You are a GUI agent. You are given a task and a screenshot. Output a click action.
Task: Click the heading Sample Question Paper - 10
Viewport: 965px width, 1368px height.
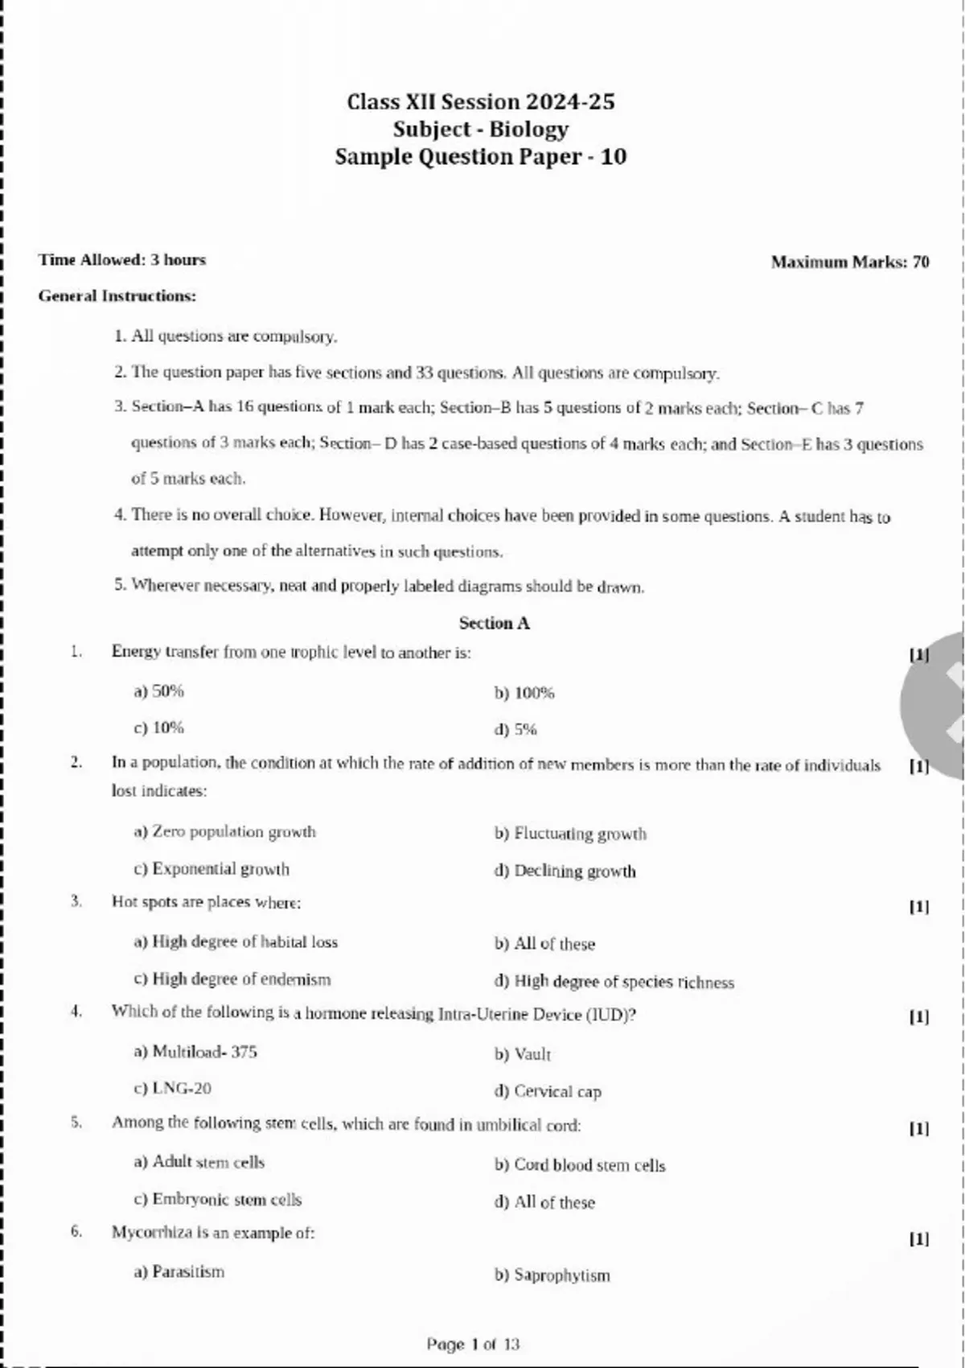480,156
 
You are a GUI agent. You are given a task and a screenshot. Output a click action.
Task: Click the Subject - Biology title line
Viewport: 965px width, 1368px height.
480,129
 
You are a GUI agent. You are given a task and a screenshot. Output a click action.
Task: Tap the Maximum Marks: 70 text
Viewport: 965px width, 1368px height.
849,262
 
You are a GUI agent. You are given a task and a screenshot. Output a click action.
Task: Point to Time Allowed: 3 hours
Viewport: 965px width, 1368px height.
122,260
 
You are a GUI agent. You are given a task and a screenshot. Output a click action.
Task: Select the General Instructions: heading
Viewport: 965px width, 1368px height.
117,296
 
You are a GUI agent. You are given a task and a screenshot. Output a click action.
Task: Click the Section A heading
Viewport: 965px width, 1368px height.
494,623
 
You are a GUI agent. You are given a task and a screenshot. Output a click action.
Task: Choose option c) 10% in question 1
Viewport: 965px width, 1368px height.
158,727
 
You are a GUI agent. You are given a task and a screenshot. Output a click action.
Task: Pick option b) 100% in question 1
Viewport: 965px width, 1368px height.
524,693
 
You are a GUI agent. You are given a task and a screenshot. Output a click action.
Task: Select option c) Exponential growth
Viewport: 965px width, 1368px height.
211,869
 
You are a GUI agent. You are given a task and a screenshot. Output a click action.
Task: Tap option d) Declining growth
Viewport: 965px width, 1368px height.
565,871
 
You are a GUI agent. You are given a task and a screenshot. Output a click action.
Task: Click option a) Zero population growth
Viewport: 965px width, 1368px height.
224,831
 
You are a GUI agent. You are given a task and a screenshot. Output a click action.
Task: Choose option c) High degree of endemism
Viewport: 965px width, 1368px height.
232,979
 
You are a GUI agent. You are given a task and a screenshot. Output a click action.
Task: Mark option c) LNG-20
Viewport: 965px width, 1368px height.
172,1088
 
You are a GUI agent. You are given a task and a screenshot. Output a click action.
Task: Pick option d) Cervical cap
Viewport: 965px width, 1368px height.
548,1091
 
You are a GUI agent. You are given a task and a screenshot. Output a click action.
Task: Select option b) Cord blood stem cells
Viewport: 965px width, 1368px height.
580,1165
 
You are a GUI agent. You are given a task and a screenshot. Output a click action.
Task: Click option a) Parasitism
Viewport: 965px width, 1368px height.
179,1271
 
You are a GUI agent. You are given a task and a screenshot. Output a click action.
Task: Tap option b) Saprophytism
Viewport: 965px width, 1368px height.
552,1275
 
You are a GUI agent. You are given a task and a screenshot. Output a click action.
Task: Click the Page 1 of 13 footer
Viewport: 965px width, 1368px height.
473,1344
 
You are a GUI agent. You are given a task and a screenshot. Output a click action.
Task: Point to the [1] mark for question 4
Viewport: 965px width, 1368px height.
918,1016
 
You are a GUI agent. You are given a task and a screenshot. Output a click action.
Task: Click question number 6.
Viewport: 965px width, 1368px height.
76,1231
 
